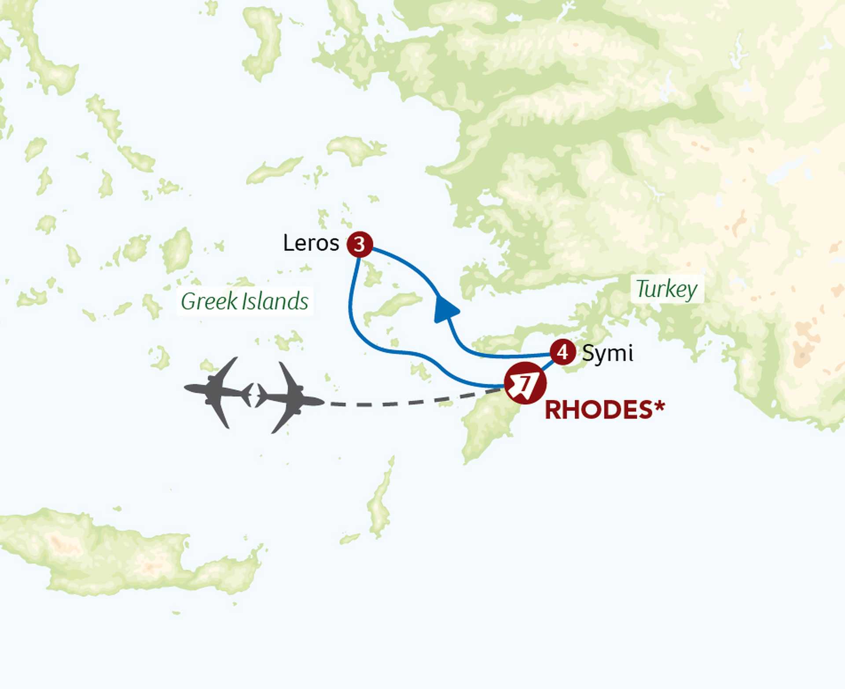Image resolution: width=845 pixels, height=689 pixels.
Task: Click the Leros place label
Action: [x=311, y=243]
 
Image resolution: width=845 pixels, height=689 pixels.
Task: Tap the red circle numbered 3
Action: [x=360, y=244]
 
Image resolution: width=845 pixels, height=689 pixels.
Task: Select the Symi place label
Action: [x=607, y=353]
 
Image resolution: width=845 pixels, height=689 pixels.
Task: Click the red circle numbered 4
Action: [x=562, y=352]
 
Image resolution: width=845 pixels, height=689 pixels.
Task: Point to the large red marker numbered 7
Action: [x=525, y=383]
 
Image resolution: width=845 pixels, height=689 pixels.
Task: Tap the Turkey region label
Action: [x=667, y=290]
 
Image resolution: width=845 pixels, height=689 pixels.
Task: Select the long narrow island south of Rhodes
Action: [x=380, y=502]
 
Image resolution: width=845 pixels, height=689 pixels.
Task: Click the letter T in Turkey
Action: [x=643, y=289]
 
